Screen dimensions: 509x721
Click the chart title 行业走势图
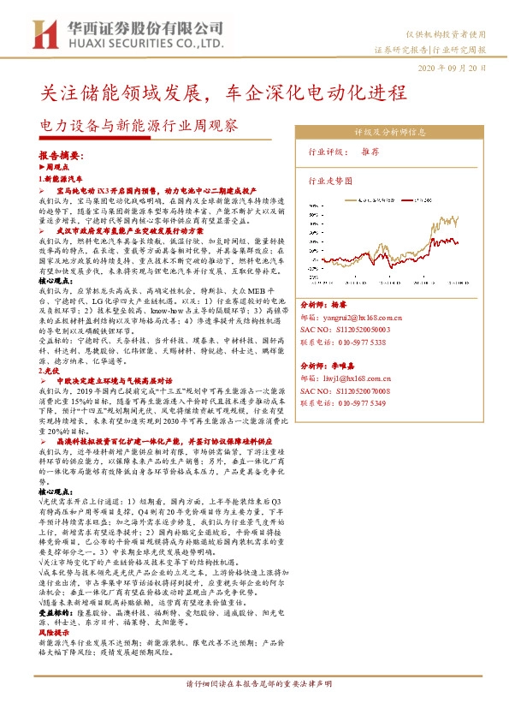(x=330, y=182)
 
